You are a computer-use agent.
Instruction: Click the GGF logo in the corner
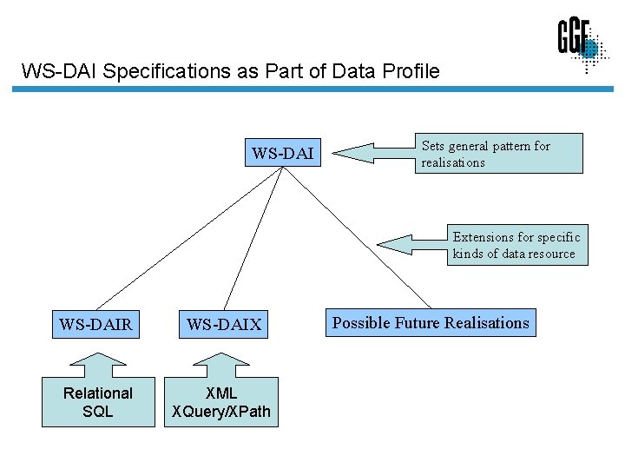(x=580, y=43)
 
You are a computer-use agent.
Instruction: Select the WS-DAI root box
(x=282, y=154)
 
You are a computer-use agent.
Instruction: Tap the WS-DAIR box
(x=95, y=325)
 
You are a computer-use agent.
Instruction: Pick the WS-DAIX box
(x=224, y=325)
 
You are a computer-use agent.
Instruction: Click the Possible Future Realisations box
(x=431, y=323)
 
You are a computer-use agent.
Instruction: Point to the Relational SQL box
(x=98, y=402)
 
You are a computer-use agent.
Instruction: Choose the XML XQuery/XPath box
(x=221, y=402)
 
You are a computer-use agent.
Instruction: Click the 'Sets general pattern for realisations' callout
(x=498, y=154)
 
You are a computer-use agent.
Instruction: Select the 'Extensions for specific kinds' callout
(x=516, y=245)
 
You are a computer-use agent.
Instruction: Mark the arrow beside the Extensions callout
(x=413, y=243)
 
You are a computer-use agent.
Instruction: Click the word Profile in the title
(x=409, y=71)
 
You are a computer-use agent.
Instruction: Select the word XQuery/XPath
(x=221, y=411)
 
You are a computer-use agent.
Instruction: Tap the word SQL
(x=98, y=411)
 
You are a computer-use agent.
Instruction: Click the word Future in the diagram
(x=418, y=323)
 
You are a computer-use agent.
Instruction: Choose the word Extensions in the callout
(x=483, y=236)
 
